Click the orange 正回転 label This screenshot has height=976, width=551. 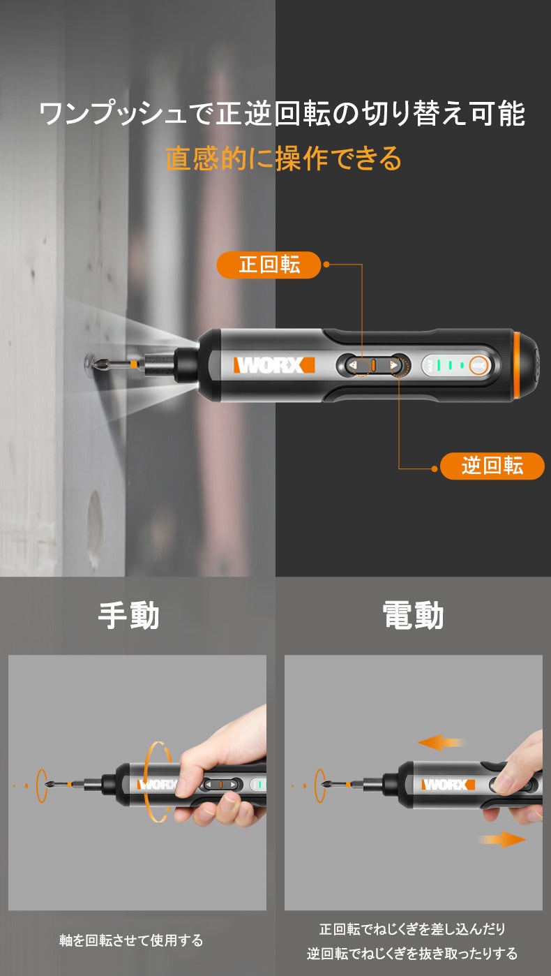point(269,265)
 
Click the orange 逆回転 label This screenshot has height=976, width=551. point(492,466)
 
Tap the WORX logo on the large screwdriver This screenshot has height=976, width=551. point(274,364)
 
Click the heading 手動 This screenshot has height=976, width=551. point(128,615)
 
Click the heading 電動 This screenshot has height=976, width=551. point(413,615)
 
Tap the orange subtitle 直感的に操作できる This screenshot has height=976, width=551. point(283,158)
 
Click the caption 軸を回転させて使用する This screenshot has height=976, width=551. point(131,940)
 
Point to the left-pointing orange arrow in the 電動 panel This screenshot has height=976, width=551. point(441,742)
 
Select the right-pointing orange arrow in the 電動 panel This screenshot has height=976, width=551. point(502,839)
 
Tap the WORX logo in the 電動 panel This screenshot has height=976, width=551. point(448,785)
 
